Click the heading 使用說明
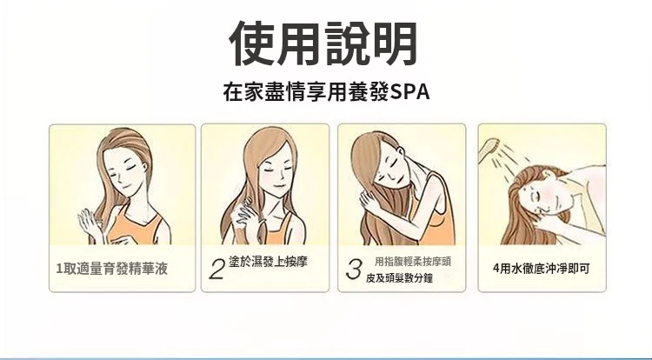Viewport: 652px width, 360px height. [x=323, y=43]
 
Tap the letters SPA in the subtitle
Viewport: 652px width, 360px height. [x=409, y=92]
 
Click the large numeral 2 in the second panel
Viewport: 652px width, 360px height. [x=217, y=269]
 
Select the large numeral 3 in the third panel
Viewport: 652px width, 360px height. [x=354, y=269]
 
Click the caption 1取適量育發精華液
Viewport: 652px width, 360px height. [x=112, y=269]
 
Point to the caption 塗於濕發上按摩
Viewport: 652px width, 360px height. [x=269, y=262]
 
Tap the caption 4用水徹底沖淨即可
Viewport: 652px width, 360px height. [x=542, y=269]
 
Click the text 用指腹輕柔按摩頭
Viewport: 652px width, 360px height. [x=413, y=262]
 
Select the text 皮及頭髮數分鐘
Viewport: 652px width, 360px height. [x=399, y=278]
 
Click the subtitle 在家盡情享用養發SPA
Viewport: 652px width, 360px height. [x=326, y=92]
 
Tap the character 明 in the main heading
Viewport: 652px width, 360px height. [x=395, y=43]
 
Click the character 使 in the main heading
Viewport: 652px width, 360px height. [x=251, y=43]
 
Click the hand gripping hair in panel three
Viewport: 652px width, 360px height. [x=371, y=203]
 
